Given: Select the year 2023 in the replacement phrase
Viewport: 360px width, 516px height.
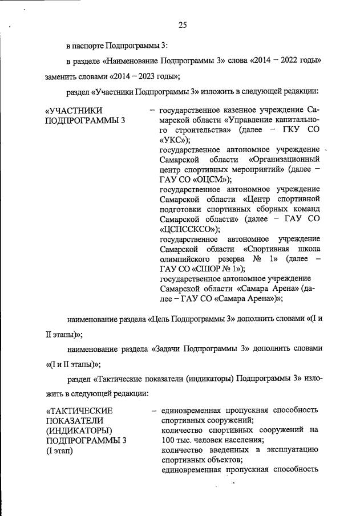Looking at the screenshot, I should coord(132,76).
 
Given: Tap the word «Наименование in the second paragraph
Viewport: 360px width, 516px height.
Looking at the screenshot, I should coord(128,60).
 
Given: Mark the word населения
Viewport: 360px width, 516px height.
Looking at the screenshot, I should coord(235,440).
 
